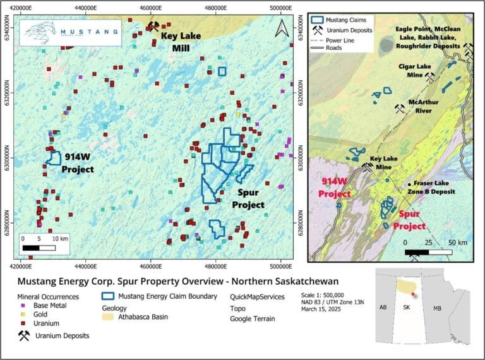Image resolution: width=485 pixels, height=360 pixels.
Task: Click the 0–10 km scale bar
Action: [x=39, y=243]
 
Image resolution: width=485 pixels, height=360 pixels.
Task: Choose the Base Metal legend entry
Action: [x=41, y=305]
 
